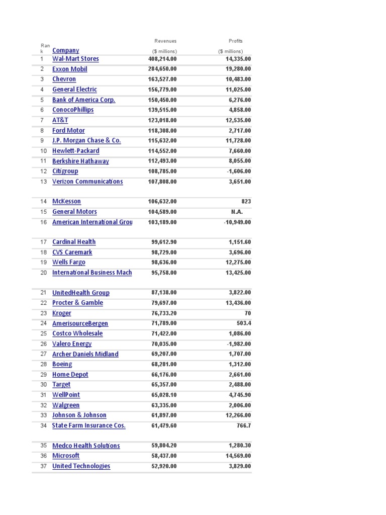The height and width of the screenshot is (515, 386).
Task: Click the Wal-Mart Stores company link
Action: pos(75,59)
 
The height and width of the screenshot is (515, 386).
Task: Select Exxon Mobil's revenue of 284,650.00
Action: pos(162,69)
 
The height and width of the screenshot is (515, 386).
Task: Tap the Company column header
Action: pos(65,50)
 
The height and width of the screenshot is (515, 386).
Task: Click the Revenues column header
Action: pos(165,41)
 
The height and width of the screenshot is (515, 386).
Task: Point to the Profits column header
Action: pos(235,41)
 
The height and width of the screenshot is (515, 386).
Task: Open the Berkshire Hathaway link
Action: pos(80,161)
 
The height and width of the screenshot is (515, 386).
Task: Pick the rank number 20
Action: pos(43,273)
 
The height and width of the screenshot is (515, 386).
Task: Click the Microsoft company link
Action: pos(66,456)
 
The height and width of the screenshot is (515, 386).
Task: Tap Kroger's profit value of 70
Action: pos(247,313)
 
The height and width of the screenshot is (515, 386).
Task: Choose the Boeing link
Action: pos(62,364)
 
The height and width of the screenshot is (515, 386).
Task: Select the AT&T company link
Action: pos(60,120)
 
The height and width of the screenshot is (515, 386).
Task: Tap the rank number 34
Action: pos(43,425)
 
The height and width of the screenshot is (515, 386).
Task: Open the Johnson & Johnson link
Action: pos(79,415)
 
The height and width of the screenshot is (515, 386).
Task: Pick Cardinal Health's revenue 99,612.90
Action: pos(164,242)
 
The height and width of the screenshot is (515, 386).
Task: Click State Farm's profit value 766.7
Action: pos(243,425)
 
